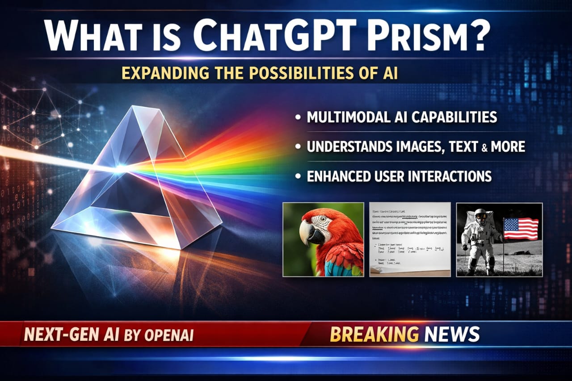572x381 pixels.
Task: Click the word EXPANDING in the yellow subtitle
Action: tap(160, 74)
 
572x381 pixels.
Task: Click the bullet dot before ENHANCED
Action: tap(298, 176)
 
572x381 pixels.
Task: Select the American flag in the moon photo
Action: tap(521, 229)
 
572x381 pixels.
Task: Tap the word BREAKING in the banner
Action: tap(374, 334)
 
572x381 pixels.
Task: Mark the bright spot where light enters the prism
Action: tap(120, 169)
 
